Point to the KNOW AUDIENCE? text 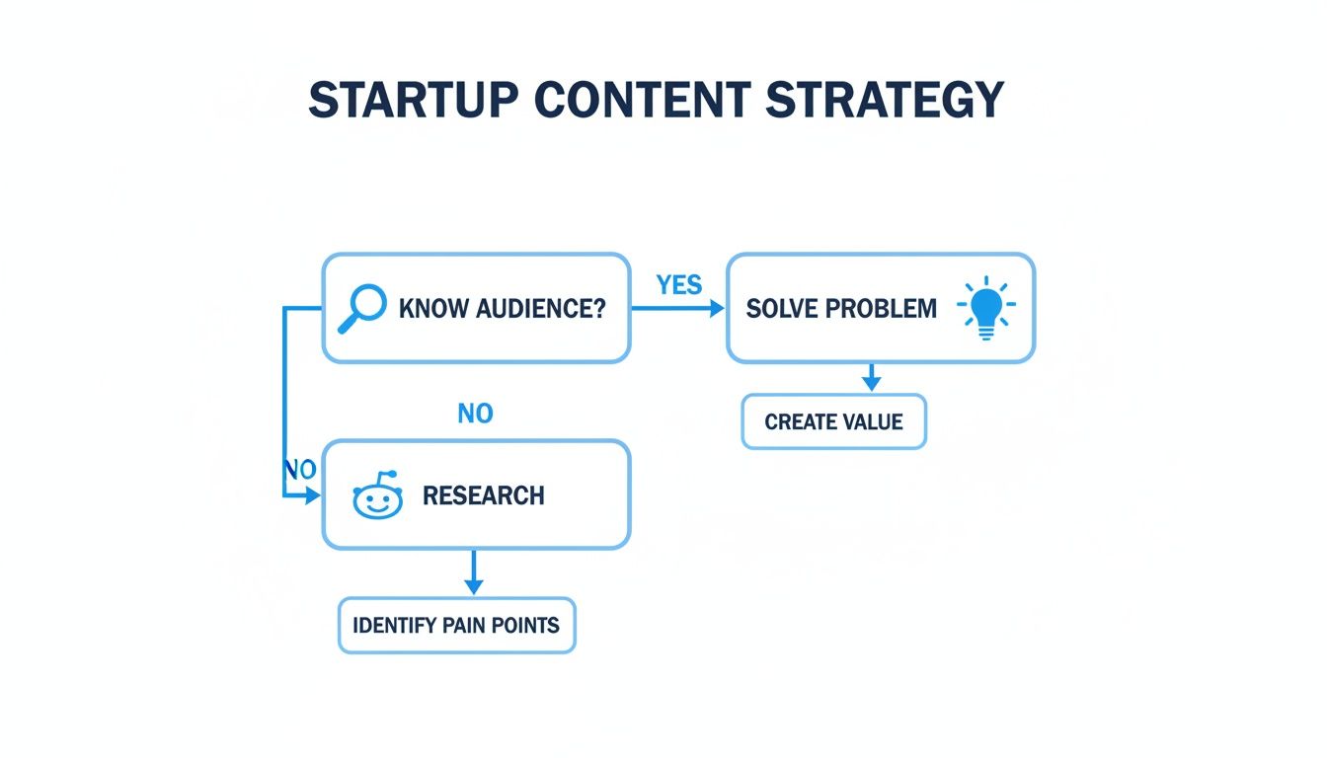point(502,308)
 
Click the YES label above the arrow point(679,286)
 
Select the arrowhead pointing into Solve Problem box point(716,309)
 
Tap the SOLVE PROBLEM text point(841,308)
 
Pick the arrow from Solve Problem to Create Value point(871,377)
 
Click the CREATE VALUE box point(833,422)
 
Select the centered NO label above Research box point(475,414)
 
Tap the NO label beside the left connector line point(299,470)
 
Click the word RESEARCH point(483,495)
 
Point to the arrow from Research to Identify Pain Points point(474,572)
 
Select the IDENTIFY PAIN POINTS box point(456,625)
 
